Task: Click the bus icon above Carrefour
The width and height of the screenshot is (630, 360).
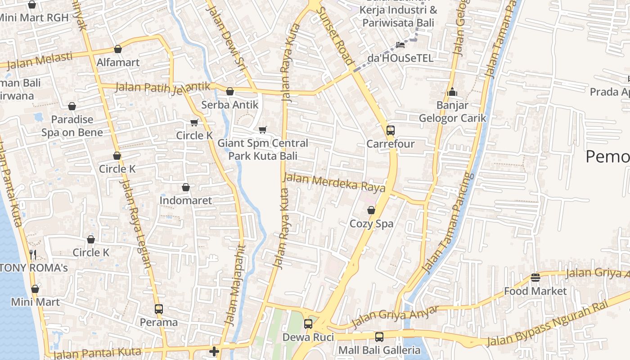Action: coord(390,130)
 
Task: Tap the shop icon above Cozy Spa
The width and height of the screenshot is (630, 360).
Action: coord(371,210)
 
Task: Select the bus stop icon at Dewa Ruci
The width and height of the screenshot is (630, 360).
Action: coord(308,324)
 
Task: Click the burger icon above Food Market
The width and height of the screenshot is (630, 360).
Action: coord(535,278)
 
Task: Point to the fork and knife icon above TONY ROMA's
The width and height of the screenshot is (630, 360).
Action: coord(32,255)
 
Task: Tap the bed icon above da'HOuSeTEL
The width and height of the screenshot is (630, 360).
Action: coord(400,45)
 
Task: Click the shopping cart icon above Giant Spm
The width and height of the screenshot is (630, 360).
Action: coord(263,130)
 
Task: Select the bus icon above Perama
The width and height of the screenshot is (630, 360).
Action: coord(158,309)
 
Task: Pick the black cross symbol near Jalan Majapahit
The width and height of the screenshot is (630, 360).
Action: coord(214,351)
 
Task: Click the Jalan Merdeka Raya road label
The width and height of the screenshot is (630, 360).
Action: coord(334,181)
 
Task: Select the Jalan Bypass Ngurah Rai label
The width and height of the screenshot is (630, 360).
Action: coord(547,323)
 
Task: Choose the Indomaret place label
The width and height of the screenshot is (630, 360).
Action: coord(185,200)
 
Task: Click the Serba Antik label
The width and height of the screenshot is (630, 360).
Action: coord(229,105)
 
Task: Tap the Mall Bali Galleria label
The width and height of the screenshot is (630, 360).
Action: coord(379,350)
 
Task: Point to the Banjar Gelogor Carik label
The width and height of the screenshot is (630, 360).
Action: coord(452,112)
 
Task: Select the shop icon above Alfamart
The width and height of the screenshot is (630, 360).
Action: coord(118,49)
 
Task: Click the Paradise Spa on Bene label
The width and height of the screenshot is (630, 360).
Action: coord(72,126)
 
